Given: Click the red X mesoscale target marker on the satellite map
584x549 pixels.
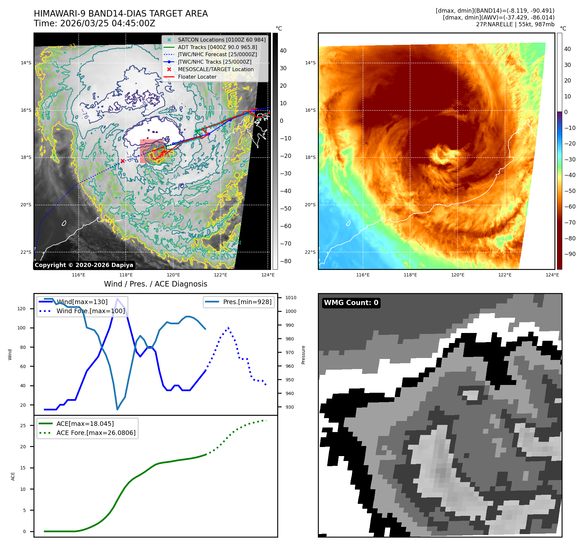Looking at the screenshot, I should (123, 161).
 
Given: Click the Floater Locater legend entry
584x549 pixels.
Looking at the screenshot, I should (197, 77).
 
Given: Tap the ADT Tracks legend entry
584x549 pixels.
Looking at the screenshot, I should (217, 47).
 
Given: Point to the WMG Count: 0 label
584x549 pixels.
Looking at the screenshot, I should (351, 303).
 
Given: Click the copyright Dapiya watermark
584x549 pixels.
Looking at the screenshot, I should (84, 265).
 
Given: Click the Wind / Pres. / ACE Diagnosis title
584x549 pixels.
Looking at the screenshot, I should (155, 284).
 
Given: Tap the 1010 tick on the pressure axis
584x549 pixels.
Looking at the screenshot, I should (291, 298).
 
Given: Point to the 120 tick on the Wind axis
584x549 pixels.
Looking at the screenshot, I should (21, 309).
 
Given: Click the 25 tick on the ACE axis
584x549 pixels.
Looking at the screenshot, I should (23, 426).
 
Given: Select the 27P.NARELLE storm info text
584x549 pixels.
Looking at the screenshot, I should (515, 24).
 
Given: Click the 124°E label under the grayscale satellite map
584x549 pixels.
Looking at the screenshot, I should (268, 275).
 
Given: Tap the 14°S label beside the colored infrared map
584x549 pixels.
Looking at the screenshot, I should (310, 63).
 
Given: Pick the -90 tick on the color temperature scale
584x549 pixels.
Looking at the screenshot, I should (570, 254).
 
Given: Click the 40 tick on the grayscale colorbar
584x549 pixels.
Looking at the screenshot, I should (283, 51).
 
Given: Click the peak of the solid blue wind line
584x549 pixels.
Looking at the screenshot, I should (117, 299).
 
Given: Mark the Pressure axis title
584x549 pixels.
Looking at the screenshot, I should (303, 355).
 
